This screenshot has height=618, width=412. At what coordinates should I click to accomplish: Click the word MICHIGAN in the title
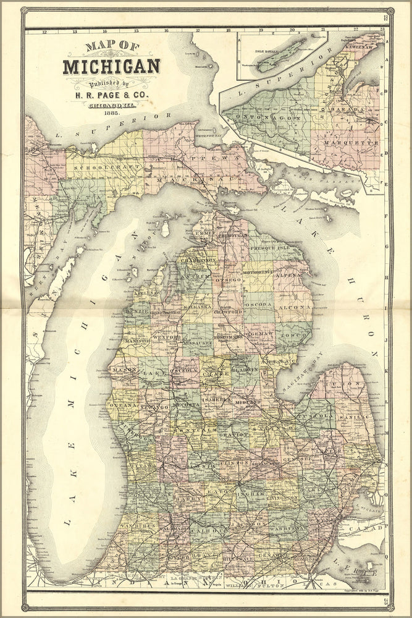coord(111,66)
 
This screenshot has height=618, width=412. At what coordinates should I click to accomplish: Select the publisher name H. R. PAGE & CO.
coord(112,95)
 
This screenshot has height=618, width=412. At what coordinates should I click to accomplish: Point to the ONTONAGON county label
coord(267,116)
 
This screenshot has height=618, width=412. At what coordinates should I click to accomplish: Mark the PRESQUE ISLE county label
coord(269,247)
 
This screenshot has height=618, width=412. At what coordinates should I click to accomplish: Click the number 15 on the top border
coord(136,30)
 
